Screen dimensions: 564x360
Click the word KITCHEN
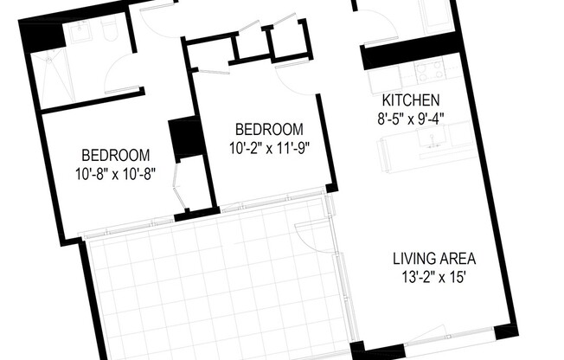[411, 100]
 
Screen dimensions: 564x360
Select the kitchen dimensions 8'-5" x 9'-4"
[411, 118]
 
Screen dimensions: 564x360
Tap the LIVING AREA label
[434, 259]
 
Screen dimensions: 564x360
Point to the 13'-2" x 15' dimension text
[434, 277]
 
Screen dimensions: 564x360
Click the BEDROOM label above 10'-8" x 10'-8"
[115, 155]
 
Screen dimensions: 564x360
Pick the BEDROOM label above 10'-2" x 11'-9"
[269, 129]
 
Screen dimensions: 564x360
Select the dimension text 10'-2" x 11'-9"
[269, 148]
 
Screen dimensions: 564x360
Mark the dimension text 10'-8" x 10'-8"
[115, 174]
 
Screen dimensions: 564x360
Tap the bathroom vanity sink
[80, 32]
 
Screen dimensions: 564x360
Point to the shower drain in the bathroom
[48, 61]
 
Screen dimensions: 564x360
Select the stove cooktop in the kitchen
[430, 71]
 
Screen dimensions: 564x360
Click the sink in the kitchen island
[433, 138]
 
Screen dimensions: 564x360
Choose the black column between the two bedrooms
[187, 138]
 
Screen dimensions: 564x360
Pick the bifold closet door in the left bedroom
[179, 186]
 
